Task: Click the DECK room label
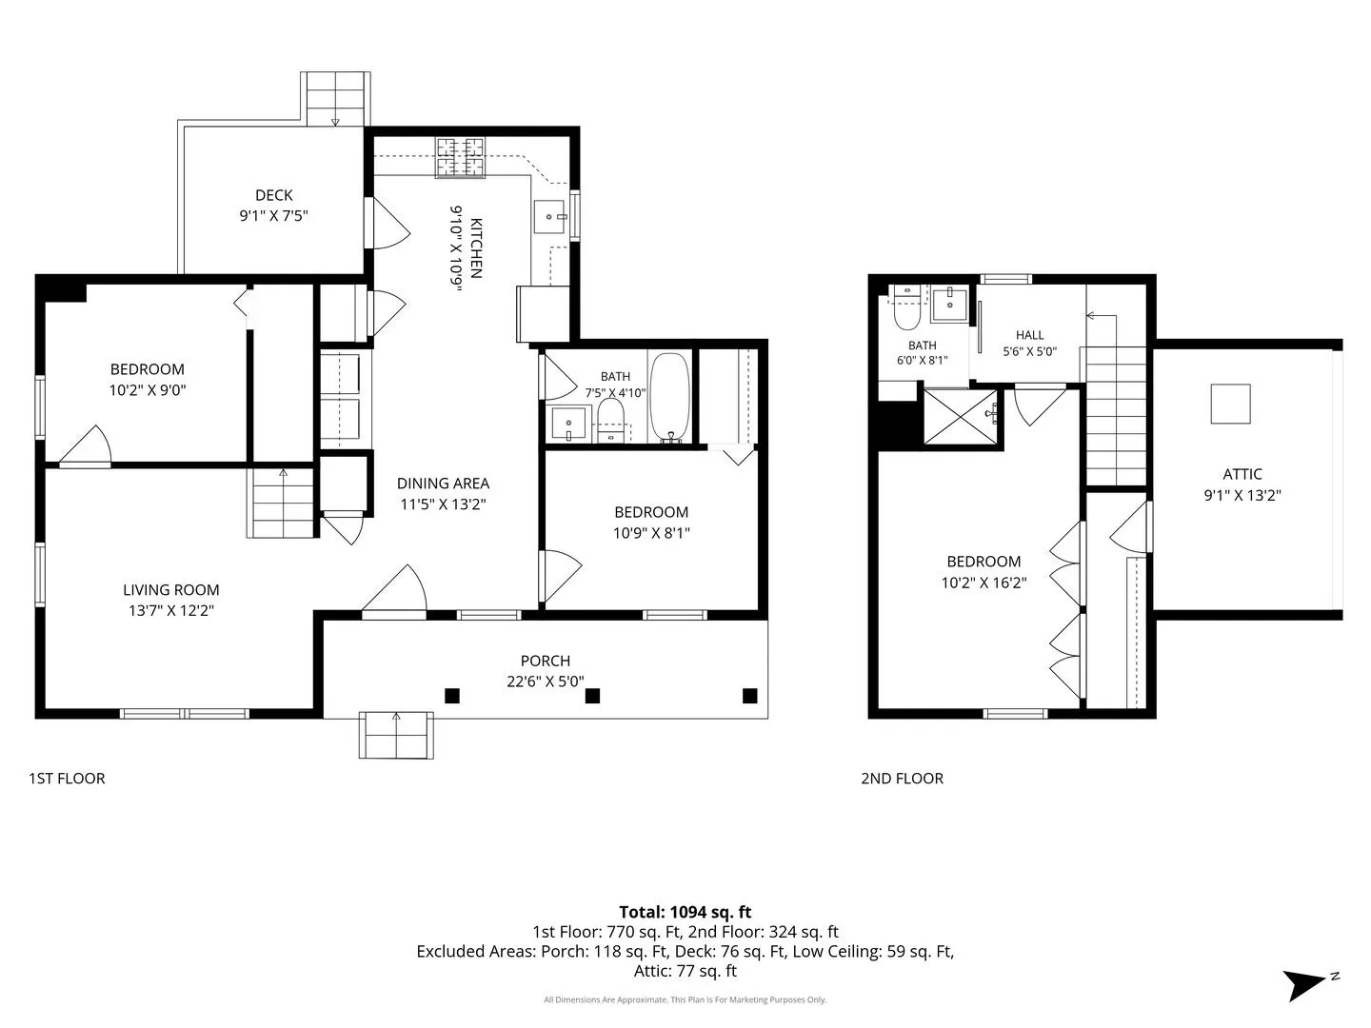[273, 195]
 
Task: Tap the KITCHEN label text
[475, 247]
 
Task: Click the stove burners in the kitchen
[460, 157]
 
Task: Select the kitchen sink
[549, 217]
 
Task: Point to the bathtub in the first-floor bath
[669, 398]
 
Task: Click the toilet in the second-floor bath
[906, 307]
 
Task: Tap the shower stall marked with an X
[961, 417]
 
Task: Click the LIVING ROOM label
[171, 590]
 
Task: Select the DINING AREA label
[443, 484]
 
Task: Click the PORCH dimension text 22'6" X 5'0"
[546, 681]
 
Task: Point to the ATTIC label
[1242, 474]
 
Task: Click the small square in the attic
[1230, 404]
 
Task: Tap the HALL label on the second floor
[1029, 335]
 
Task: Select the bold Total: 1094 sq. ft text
[685, 912]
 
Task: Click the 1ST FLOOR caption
[67, 779]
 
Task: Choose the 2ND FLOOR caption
[902, 779]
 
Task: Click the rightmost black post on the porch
[749, 695]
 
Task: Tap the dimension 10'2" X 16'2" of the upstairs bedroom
[984, 583]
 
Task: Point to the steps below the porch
[396, 735]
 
